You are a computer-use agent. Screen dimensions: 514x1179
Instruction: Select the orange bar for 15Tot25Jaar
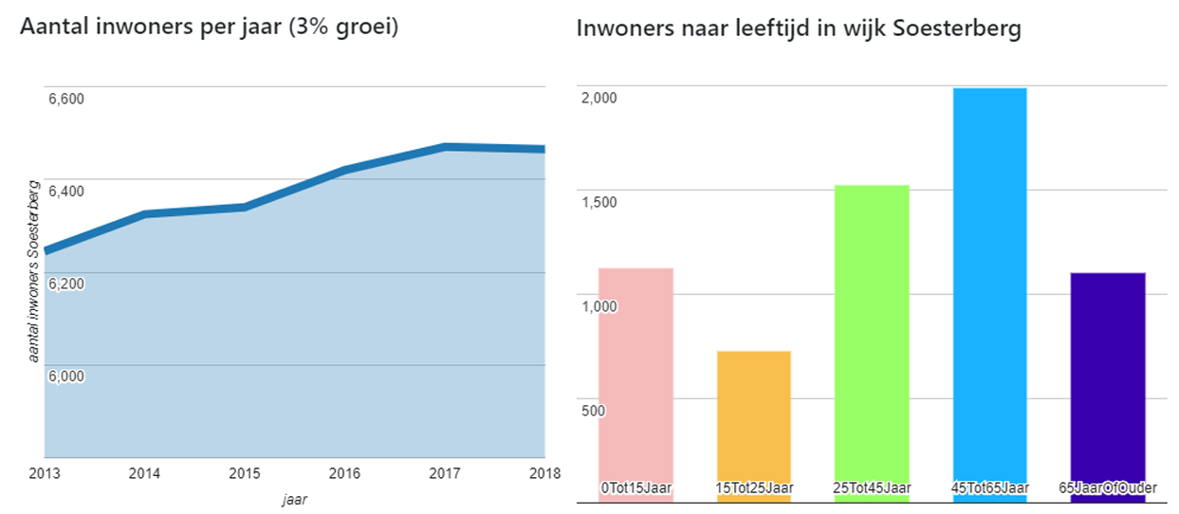point(753,417)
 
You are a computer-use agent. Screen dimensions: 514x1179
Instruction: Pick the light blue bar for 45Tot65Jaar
point(989,285)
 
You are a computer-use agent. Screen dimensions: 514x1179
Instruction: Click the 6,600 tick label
point(66,99)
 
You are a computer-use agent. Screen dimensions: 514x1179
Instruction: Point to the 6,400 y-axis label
point(66,191)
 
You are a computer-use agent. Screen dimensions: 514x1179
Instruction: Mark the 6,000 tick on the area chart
point(66,376)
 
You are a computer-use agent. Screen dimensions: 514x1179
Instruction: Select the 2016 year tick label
point(344,472)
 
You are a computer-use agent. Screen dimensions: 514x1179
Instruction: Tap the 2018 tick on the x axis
point(543,472)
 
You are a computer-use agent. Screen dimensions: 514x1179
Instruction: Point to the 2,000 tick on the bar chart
point(599,98)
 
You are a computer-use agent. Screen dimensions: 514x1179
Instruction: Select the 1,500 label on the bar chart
point(599,202)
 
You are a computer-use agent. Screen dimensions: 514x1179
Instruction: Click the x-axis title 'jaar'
point(294,496)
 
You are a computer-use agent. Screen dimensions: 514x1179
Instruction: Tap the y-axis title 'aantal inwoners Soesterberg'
point(34,270)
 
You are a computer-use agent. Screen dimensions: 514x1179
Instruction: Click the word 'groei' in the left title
point(364,28)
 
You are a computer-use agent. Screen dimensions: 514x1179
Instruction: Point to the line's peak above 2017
point(444,147)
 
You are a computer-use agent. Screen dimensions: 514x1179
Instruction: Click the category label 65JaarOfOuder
point(1107,488)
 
